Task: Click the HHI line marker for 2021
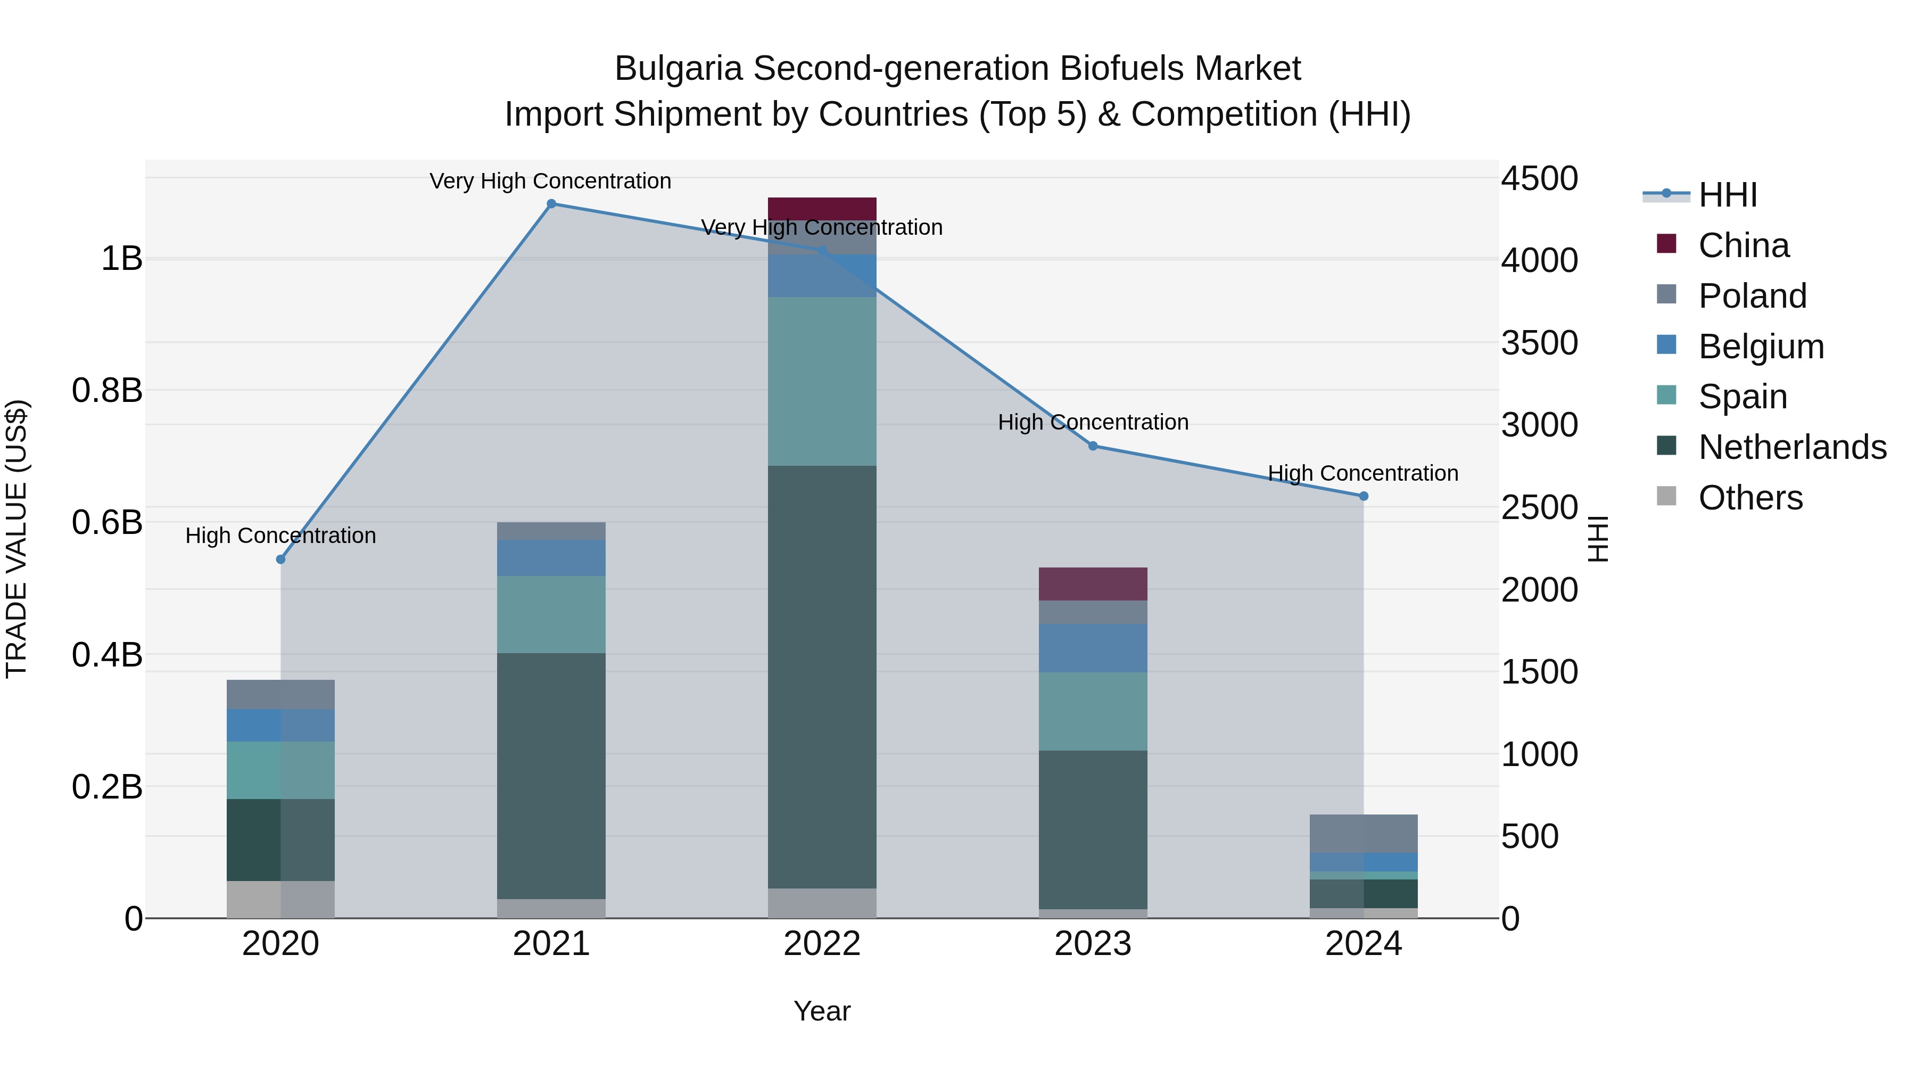(551, 204)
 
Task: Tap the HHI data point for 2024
(1364, 496)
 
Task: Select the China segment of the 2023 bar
(1093, 584)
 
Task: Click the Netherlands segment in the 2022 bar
(822, 677)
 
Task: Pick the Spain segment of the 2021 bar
(551, 614)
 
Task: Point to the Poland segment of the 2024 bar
(1364, 833)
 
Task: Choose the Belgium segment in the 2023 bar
(1093, 648)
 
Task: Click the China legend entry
(1744, 245)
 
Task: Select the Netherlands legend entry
(1792, 447)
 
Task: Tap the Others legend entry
(1750, 498)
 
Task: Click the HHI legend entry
(1727, 195)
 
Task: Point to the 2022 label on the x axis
(822, 944)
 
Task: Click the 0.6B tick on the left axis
(107, 522)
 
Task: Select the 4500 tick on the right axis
(1539, 178)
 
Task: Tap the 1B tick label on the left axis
(121, 259)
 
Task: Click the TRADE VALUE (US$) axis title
(17, 539)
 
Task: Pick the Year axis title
(822, 1011)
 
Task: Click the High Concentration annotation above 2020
(280, 536)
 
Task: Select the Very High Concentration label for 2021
(550, 182)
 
